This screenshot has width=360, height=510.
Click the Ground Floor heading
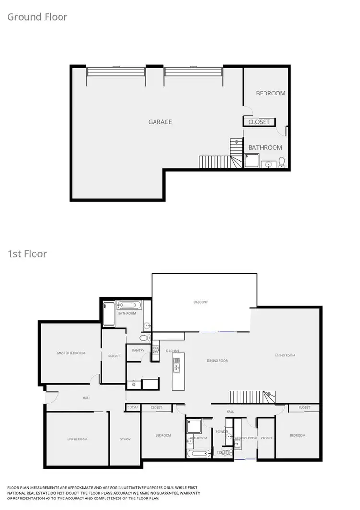[37, 17]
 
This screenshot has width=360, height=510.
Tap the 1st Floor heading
[27, 254]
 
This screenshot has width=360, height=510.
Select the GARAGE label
[160, 122]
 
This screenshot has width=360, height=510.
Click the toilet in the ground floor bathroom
[282, 162]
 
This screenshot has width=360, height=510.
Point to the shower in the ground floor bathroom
[252, 161]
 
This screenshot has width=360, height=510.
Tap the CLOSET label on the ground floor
[259, 122]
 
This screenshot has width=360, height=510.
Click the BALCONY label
[201, 302]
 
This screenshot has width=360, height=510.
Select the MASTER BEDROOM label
[71, 353]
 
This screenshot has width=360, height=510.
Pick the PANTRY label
[138, 351]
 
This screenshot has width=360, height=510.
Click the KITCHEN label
[172, 351]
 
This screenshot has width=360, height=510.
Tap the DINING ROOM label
[217, 360]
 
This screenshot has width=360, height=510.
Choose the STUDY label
[125, 439]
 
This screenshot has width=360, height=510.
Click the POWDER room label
[222, 431]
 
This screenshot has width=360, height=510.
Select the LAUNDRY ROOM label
[245, 438]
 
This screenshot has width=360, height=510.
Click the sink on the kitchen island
[177, 368]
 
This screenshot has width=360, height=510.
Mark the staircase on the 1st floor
[252, 397]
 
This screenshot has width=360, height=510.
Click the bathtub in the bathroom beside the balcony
[128, 305]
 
